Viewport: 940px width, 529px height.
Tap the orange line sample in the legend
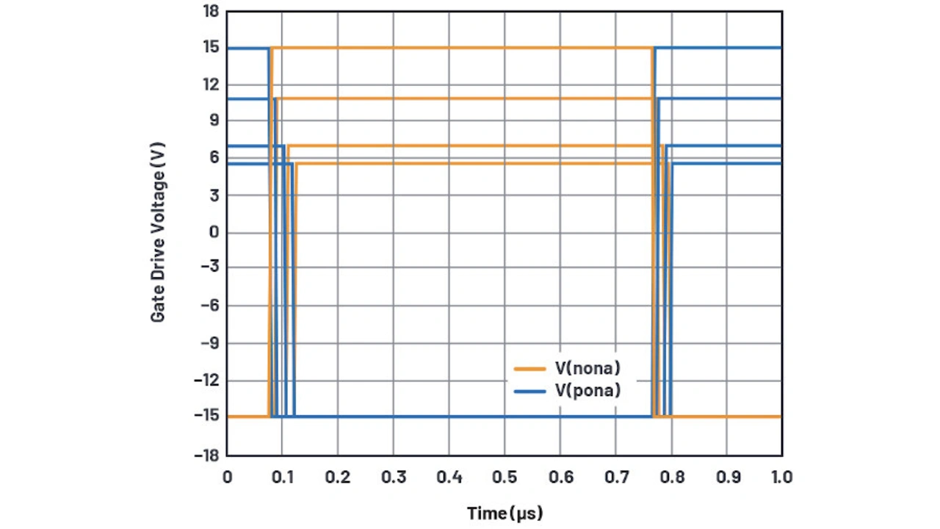(x=529, y=367)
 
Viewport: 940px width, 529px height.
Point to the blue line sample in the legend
(x=529, y=392)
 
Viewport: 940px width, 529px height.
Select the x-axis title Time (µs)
(x=505, y=512)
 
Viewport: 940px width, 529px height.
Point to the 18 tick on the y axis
(x=211, y=11)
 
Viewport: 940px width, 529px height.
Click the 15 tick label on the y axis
(x=211, y=48)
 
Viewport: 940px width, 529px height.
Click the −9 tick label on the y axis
(x=209, y=343)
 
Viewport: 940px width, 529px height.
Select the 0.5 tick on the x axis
(x=505, y=477)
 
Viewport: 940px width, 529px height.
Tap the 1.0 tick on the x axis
(x=781, y=477)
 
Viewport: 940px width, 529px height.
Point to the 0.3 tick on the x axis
(x=394, y=477)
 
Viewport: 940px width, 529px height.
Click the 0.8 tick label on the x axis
(x=671, y=477)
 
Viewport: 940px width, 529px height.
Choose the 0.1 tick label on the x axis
(x=283, y=477)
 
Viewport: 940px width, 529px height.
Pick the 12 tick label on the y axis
(x=211, y=84)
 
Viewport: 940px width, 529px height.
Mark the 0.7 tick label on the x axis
(x=615, y=477)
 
